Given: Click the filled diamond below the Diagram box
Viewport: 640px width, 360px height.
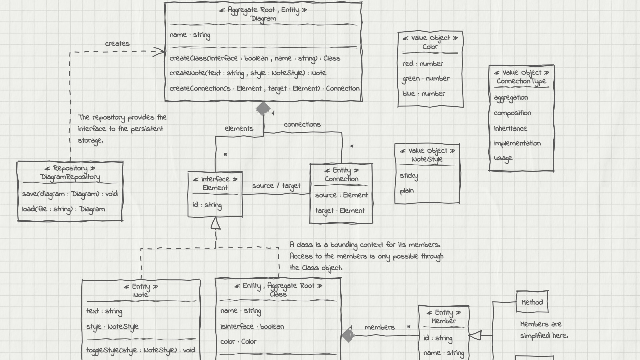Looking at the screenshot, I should pos(263,109).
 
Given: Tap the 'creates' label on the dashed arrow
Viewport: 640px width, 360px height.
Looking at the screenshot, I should pos(117,44).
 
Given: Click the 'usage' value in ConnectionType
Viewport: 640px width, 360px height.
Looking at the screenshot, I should pos(503,158).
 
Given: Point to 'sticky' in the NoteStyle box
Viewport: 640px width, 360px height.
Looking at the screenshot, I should pos(409,176).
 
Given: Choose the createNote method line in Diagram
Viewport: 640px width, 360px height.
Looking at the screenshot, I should pos(248,73).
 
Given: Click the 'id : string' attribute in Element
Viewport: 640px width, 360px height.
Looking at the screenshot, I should pos(207,205).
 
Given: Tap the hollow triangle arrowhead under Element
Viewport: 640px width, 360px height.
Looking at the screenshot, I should pos(216,224).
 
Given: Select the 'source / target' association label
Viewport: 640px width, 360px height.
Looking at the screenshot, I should pos(276,186).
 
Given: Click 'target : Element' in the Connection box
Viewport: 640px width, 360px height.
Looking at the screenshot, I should pos(340,211).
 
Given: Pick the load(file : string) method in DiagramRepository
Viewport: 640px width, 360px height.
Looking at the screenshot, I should pos(63,209).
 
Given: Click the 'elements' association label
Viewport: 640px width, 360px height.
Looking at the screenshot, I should pos(239,129).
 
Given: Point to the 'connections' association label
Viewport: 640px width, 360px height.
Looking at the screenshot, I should pos(302,124).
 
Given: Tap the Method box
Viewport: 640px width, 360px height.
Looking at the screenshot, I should pos(532,302).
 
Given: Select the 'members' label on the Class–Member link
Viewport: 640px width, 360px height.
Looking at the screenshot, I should pos(379,327).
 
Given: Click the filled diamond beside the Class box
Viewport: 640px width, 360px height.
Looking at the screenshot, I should pos(348,334).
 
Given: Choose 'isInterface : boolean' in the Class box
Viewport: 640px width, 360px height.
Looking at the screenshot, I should pos(252,327).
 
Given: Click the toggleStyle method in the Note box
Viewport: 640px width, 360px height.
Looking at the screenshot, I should pos(141,350).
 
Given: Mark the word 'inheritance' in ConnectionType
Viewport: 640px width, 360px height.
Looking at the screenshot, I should pos(510,128).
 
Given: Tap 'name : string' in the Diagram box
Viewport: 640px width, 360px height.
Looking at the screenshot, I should pos(190,35).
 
